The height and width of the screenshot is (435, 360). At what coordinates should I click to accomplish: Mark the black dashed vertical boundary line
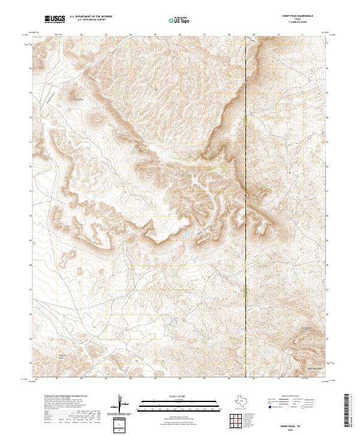pyautogui.click(x=246, y=240)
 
